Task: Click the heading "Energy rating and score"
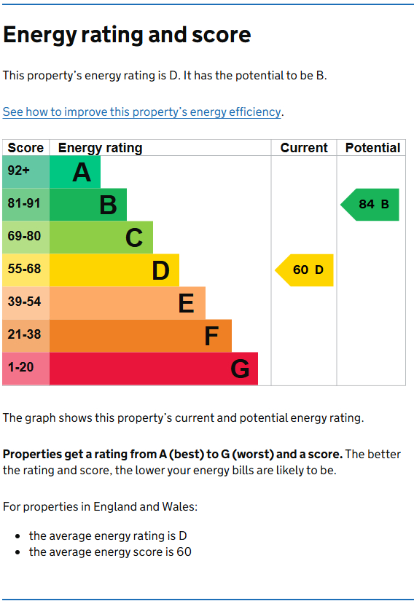pos(127,35)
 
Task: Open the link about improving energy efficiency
pos(141,111)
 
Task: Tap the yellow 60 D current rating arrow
pos(305,270)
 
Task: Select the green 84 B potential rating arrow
pos(371,204)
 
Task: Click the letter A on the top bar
pos(82,173)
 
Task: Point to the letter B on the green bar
pos(108,205)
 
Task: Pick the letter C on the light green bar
pos(134,238)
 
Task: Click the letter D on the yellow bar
pos(160,271)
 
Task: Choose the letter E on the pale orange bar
pos(187,303)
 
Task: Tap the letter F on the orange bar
pos(212,336)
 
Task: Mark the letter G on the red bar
pos(240,369)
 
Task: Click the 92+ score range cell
pos(26,171)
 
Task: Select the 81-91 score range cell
pos(26,204)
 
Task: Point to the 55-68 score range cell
pos(26,270)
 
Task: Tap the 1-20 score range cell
pos(26,368)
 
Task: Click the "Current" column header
pos(304,148)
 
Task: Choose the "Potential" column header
pos(372,148)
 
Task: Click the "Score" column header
pos(26,148)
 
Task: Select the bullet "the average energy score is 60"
pos(110,552)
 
